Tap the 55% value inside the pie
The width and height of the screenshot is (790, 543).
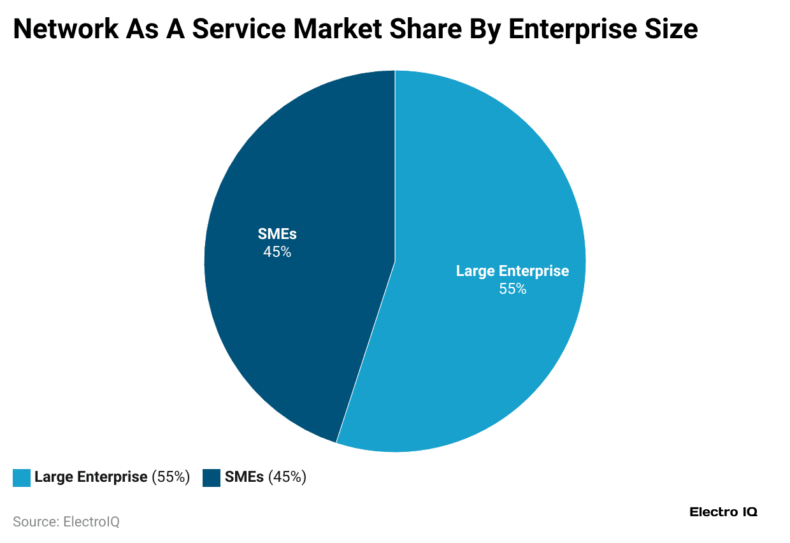pos(512,289)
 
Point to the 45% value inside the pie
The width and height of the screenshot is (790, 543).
pos(277,252)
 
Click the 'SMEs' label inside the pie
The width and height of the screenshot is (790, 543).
pos(277,234)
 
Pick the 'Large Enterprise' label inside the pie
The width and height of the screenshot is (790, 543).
pos(512,271)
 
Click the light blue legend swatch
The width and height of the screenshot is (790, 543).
pos(22,477)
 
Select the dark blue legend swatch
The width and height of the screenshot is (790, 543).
pos(212,477)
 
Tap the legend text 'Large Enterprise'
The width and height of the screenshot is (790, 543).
pos(90,477)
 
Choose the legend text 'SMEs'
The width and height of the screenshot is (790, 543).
pos(244,477)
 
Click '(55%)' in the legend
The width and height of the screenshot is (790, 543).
pos(171,477)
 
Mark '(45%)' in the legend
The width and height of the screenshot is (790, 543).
pos(287,477)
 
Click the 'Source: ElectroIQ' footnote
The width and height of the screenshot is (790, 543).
pos(66,521)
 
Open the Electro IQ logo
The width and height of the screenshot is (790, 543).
pos(723,512)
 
